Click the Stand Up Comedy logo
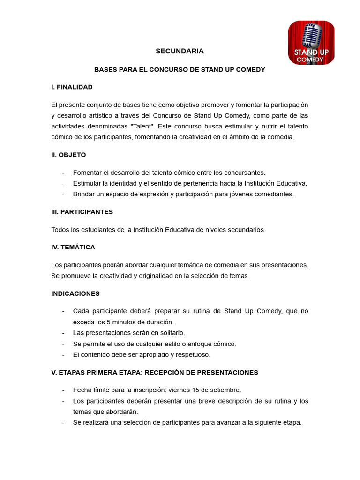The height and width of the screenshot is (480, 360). [311, 43]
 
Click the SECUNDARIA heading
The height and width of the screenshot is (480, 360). [180, 51]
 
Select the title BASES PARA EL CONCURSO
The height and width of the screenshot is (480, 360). [180, 69]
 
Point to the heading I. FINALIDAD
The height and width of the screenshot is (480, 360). [72, 87]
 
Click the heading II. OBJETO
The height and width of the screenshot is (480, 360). [68, 154]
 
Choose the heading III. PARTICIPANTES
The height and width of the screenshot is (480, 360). [82, 211]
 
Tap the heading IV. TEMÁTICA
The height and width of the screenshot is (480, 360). [73, 247]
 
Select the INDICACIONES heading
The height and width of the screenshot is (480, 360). [75, 293]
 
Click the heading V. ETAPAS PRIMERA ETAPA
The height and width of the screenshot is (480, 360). [155, 372]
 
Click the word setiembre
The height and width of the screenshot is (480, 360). [225, 390]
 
